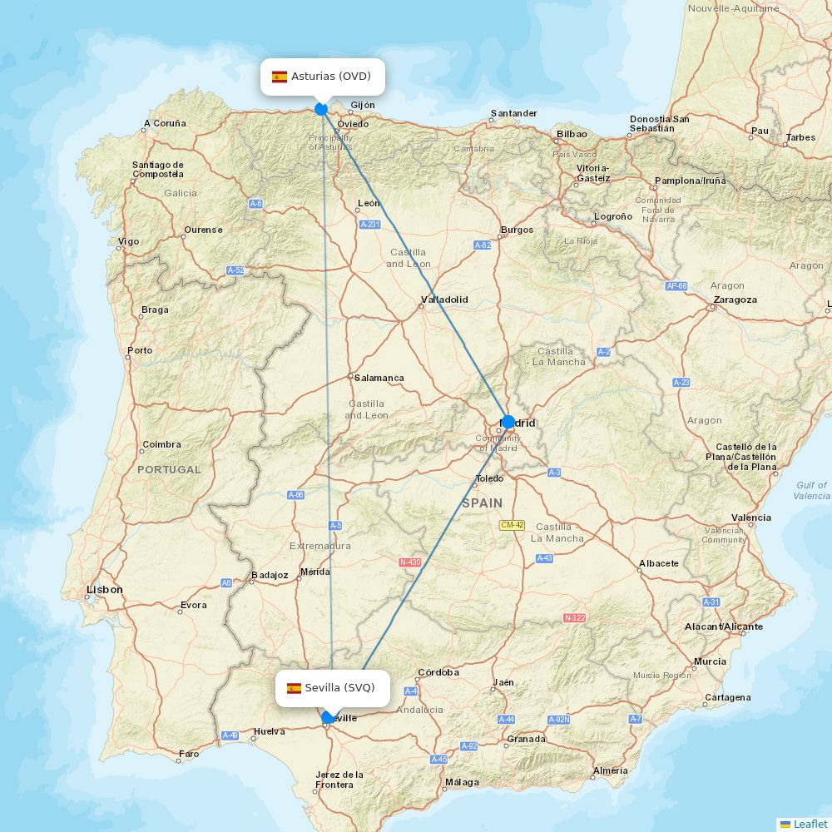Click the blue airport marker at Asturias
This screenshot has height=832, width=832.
(x=321, y=108)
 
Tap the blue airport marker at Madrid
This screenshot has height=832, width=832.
(x=508, y=422)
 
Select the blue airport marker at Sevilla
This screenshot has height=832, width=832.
(x=328, y=717)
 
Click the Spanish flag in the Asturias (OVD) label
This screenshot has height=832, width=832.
(x=280, y=77)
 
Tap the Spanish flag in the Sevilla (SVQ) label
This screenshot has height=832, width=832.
(x=294, y=688)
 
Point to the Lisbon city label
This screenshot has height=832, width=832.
(x=105, y=590)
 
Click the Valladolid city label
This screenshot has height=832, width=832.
(x=445, y=300)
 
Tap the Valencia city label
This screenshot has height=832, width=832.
(x=751, y=518)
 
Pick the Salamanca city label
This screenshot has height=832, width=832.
(x=379, y=378)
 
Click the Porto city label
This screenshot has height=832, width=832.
(x=141, y=350)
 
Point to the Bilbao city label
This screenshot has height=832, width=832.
(x=572, y=134)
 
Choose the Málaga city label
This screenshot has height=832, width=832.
(x=462, y=782)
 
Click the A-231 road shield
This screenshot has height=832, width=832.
(x=369, y=225)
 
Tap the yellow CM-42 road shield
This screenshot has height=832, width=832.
(x=512, y=525)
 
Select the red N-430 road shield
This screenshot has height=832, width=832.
(x=410, y=562)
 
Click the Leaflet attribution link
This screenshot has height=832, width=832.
(x=810, y=824)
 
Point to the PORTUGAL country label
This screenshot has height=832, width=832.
(x=169, y=470)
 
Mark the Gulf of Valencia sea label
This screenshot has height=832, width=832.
(x=811, y=491)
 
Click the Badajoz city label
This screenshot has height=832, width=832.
(x=270, y=575)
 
